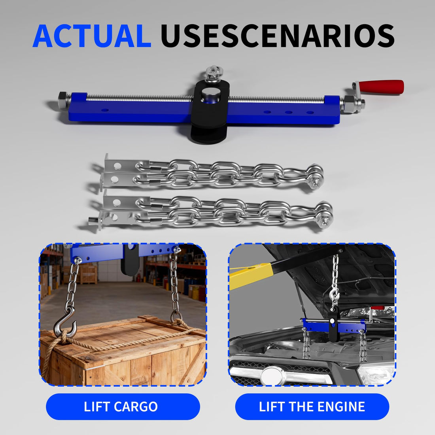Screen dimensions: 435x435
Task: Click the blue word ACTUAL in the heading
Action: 92,36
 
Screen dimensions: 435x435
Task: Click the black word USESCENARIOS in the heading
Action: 278,36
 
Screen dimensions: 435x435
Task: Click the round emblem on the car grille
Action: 273,376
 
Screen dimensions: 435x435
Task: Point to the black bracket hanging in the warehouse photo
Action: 130,259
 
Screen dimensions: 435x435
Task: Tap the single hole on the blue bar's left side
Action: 104,110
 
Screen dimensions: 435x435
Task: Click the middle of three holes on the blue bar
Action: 289,112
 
